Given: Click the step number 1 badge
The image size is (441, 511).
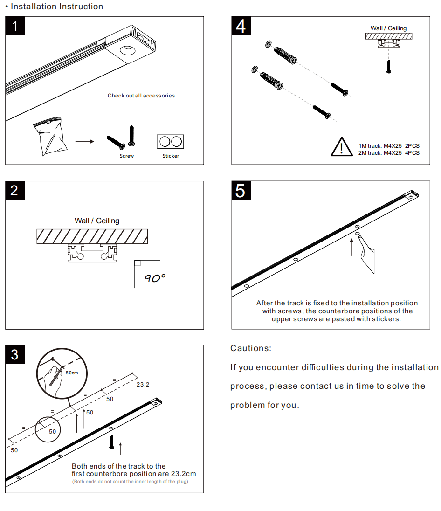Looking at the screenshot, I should click(x=15, y=26).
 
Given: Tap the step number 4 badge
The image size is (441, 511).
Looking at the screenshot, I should click(x=241, y=26).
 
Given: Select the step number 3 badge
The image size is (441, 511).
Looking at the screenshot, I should click(x=14, y=354).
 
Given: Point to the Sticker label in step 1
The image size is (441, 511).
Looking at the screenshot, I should click(x=171, y=156).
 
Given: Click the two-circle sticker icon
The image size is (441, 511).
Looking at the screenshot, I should click(x=171, y=141).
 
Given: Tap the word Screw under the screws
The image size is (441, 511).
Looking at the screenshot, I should click(x=126, y=156).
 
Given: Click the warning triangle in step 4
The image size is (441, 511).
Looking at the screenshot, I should click(x=342, y=147).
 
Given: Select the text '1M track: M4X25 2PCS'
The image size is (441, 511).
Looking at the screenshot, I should click(x=389, y=146).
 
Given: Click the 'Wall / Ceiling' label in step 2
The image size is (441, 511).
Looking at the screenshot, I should click(x=97, y=221).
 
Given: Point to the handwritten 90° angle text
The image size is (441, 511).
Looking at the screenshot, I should click(x=155, y=278).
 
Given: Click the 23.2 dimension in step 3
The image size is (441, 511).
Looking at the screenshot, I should click(x=143, y=385).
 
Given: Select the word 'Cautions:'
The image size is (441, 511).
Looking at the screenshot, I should click(x=251, y=348).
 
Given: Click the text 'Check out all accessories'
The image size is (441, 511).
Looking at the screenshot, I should click(x=141, y=96).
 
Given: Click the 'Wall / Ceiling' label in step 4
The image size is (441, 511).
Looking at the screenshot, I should click(x=388, y=28).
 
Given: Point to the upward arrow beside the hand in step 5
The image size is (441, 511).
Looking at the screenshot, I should click(x=352, y=247).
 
